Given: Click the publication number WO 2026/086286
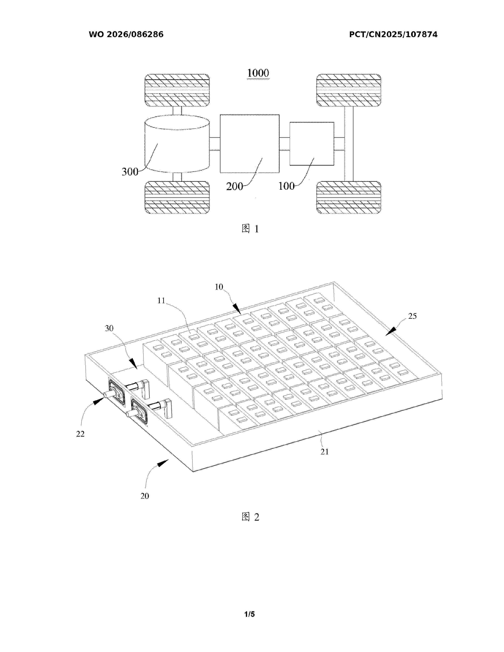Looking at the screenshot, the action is coord(126,35).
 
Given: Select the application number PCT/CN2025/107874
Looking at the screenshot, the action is coord(393,35).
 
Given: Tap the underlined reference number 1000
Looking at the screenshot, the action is coord(258,73).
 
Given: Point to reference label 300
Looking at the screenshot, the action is coord(130,172).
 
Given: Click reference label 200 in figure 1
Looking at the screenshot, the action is coord(234,187).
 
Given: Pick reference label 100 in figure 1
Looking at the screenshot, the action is coord(286,186).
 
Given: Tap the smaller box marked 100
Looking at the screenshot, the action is coord(312,144).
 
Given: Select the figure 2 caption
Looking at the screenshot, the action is coord(250,517).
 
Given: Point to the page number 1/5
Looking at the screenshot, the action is coord(250,614).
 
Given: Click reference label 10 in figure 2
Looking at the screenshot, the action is coord(219,287).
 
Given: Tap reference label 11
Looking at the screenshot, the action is coord(161,301).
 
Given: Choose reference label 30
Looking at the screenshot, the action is coord(109,328).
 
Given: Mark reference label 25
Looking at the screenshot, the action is coord(412,316).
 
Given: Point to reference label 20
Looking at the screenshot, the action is coord(145,496).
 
